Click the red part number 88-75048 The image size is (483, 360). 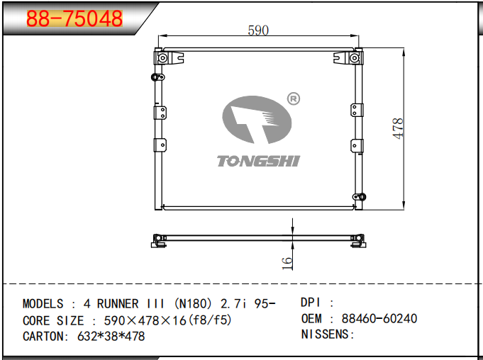point(74,18)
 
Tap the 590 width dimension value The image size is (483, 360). point(258,30)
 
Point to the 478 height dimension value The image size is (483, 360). point(398,128)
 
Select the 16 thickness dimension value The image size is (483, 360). point(287,264)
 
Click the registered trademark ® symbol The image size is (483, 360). point(293,99)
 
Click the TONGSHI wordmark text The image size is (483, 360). point(258,162)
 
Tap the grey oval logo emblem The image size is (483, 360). point(257,120)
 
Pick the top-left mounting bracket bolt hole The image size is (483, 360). point(162,57)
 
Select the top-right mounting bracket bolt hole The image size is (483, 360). point(355,57)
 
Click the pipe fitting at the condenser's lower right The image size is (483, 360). point(360,197)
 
